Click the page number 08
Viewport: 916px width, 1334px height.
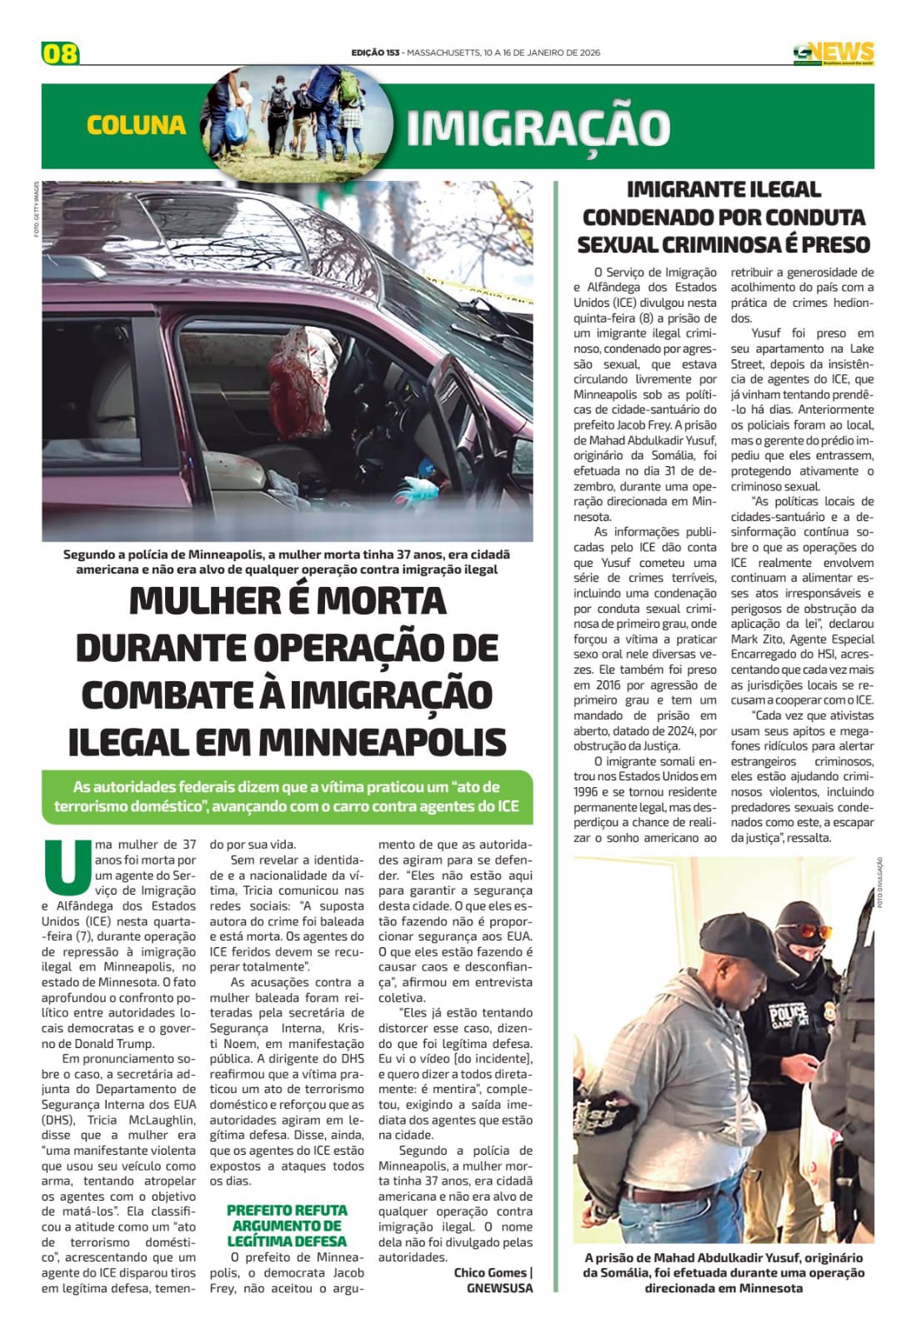(60, 53)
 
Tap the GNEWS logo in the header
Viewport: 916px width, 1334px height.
(833, 53)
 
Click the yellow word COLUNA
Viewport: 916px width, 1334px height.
(136, 125)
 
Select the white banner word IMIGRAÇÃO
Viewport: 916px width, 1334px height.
(538, 128)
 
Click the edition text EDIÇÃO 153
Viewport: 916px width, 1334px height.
(375, 53)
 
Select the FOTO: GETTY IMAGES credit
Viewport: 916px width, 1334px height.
(37, 209)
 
